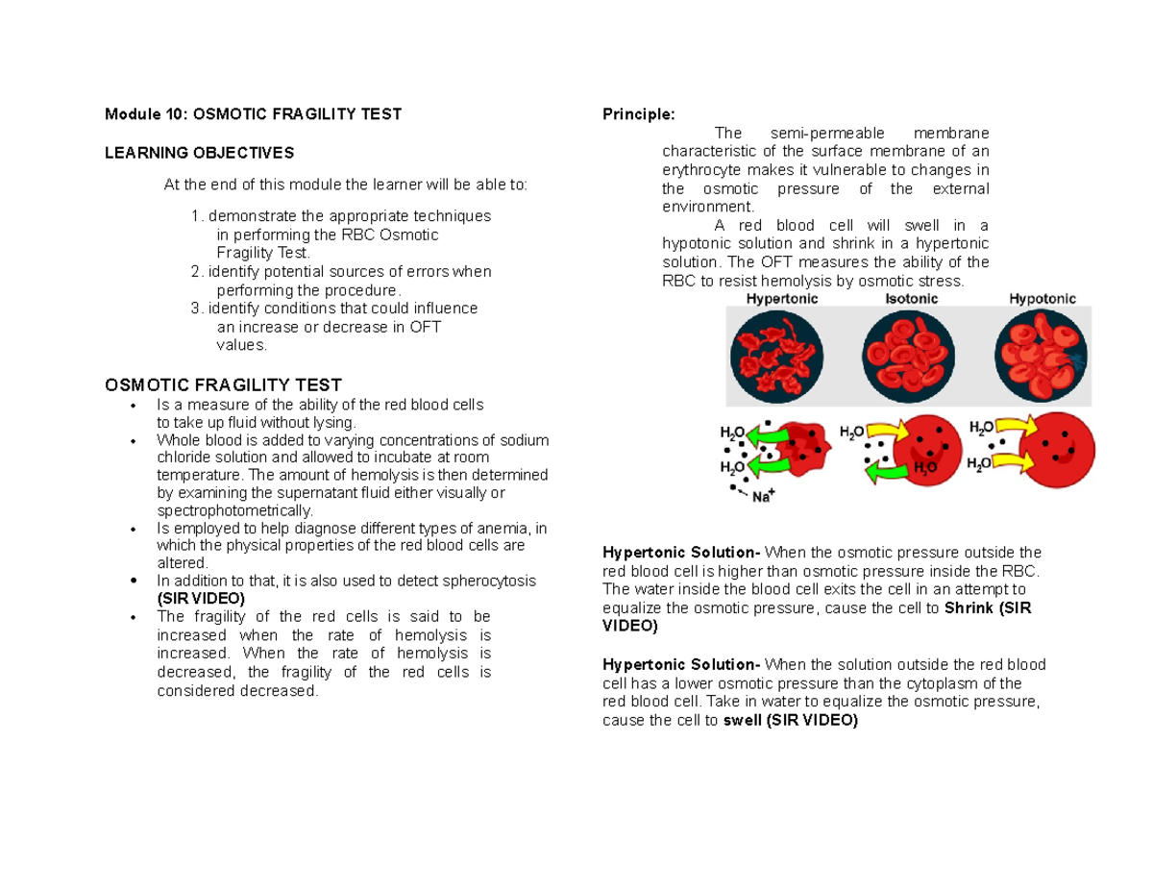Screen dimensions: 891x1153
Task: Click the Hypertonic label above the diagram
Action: pyautogui.click(x=783, y=299)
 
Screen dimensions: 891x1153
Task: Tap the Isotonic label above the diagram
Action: pyautogui.click(x=911, y=299)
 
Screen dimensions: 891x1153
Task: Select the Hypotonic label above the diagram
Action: pyautogui.click(x=1043, y=299)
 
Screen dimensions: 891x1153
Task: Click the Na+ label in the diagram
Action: pyautogui.click(x=764, y=497)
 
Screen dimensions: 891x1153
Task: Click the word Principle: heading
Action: pyautogui.click(x=638, y=114)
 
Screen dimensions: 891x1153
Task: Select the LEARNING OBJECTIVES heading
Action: pyautogui.click(x=200, y=153)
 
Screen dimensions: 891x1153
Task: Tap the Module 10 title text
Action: pyautogui.click(x=253, y=114)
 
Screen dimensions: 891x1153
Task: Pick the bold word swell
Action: pyautogui.click(x=740, y=720)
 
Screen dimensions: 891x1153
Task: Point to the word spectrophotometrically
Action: pyautogui.click(x=234, y=510)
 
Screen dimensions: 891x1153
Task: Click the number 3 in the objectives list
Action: pyautogui.click(x=196, y=309)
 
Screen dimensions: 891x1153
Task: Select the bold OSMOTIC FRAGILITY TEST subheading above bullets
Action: pyautogui.click(x=223, y=384)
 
